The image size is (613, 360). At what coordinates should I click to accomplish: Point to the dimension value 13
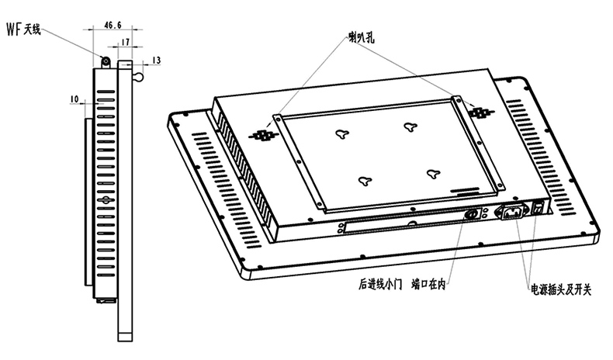[156, 60]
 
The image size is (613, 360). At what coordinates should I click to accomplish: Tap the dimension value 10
[74, 99]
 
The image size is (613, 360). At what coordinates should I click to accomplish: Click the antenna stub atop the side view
[105, 59]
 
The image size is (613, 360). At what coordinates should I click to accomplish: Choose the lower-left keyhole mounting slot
[364, 180]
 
